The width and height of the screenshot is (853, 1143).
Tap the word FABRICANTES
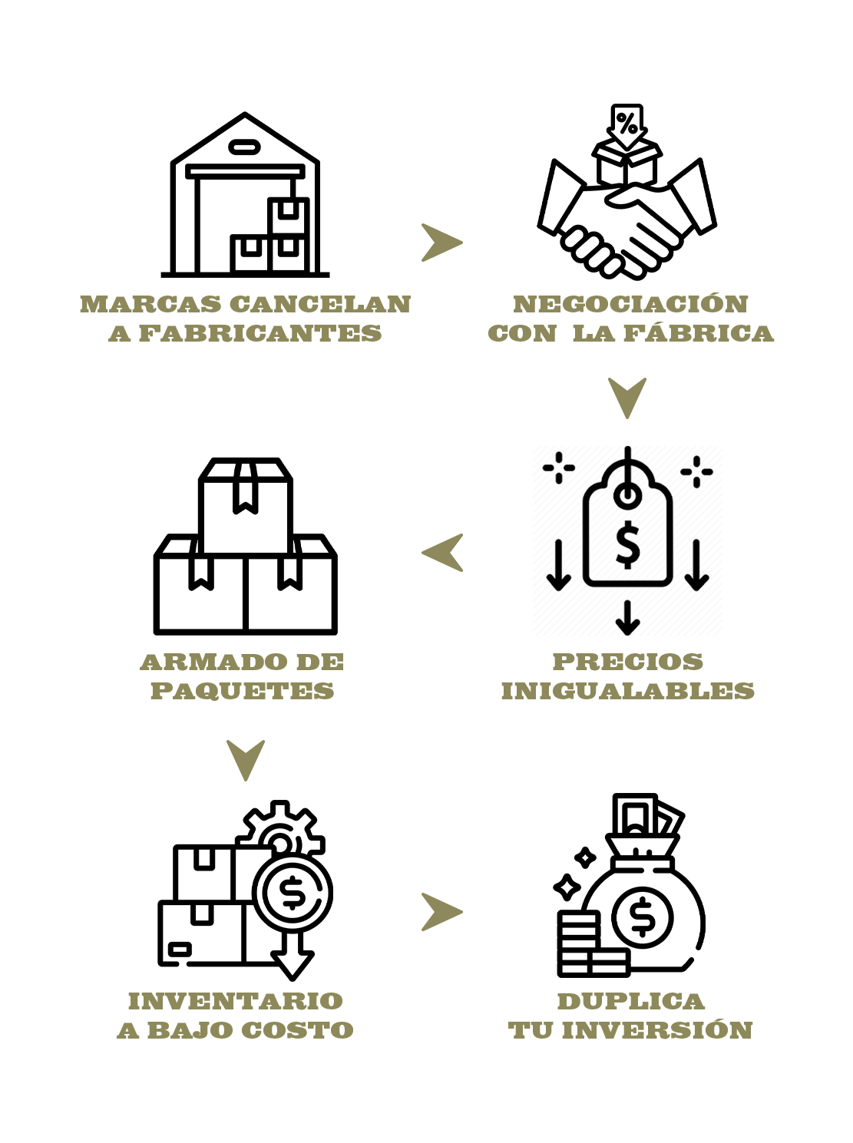coord(260,334)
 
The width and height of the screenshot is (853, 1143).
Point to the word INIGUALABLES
coord(627,692)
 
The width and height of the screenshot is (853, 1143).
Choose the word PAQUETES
coord(242,692)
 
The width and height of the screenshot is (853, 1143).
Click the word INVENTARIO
coord(236,1001)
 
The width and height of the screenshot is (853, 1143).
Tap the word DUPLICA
coord(630,1001)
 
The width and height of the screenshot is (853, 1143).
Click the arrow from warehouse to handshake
coord(441,243)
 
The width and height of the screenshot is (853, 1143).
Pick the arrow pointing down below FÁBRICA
coord(627,398)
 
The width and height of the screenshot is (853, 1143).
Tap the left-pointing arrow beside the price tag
coord(442,553)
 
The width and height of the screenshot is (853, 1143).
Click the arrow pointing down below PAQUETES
coord(245,760)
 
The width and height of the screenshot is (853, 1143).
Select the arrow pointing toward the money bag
coord(441,912)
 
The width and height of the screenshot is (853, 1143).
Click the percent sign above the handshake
coord(627,123)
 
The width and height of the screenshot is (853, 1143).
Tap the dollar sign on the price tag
coord(627,544)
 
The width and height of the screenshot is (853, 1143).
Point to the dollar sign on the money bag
coord(642,917)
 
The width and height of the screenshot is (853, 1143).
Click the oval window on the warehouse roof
coord(244,147)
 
